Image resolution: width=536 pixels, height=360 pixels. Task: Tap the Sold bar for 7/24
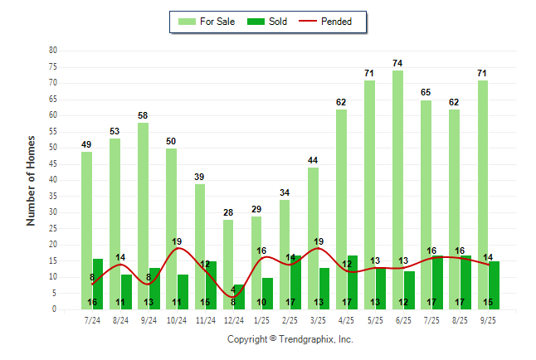pyautogui.click(x=98, y=284)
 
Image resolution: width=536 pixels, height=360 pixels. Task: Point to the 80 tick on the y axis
pyautogui.click(x=53, y=51)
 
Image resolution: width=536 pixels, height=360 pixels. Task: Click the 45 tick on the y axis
pyautogui.click(x=53, y=163)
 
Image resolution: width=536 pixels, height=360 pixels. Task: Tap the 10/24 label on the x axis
pyautogui.click(x=177, y=319)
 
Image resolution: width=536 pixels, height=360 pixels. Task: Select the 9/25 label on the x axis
pyautogui.click(x=488, y=319)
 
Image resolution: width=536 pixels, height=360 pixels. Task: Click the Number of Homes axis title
pyautogui.click(x=31, y=180)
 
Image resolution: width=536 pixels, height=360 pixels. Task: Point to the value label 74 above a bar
pyautogui.click(x=398, y=63)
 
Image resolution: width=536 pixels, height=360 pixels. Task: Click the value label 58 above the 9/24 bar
pyautogui.click(x=143, y=115)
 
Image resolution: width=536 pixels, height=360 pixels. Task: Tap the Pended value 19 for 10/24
pyautogui.click(x=177, y=241)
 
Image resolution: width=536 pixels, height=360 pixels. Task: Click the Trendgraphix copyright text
pyautogui.click(x=290, y=339)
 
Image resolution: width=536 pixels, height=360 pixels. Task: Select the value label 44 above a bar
pyautogui.click(x=313, y=160)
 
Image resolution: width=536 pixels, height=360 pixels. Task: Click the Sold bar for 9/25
pyautogui.click(x=494, y=285)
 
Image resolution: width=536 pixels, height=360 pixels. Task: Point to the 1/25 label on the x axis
pyautogui.click(x=261, y=319)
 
